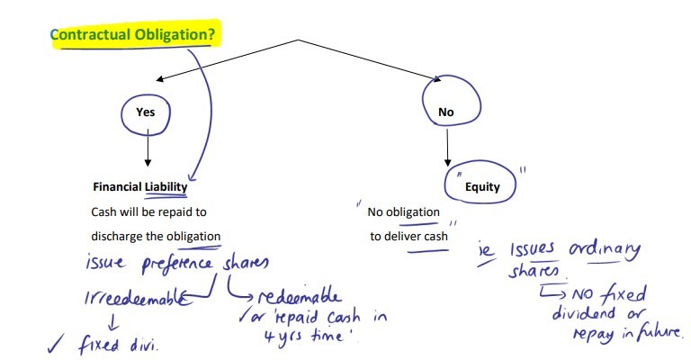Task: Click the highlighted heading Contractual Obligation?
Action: (x=134, y=35)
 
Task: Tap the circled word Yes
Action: (x=145, y=112)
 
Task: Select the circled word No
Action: (x=445, y=112)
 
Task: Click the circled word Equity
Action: (x=482, y=187)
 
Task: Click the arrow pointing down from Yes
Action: (x=146, y=148)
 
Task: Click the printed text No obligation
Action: (x=403, y=213)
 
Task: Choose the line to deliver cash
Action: (x=409, y=237)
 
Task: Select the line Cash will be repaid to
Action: (x=148, y=211)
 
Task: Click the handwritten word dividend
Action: (x=583, y=313)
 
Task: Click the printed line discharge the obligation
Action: (x=155, y=237)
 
